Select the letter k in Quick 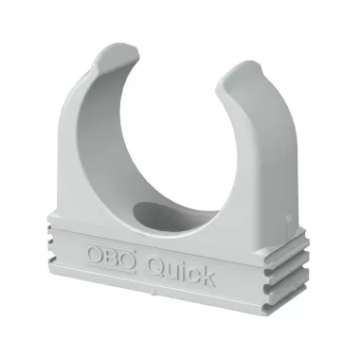click(x=208, y=279)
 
